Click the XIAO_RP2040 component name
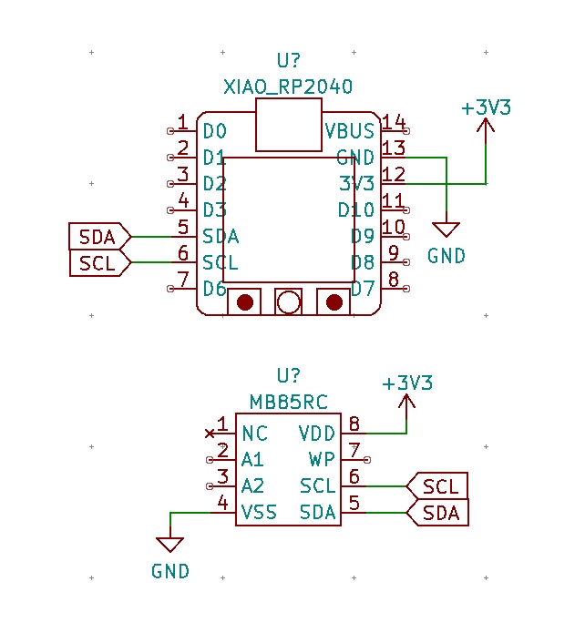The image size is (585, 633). point(288,87)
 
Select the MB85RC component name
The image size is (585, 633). point(288,402)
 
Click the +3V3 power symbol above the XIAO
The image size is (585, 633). point(486,108)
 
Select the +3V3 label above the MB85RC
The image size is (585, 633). point(407,383)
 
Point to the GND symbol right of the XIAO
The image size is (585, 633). point(446,230)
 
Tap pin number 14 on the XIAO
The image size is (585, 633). point(394,122)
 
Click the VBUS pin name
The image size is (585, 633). point(350,131)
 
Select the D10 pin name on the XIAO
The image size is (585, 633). point(355,210)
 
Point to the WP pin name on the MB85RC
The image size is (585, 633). point(323,459)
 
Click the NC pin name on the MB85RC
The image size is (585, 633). point(255,433)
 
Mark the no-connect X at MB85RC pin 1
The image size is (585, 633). point(210,433)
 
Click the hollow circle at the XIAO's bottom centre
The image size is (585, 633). point(289,302)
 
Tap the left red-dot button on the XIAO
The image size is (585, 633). point(244,302)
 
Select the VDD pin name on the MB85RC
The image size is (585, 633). point(317,433)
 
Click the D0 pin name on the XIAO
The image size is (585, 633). point(214,131)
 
